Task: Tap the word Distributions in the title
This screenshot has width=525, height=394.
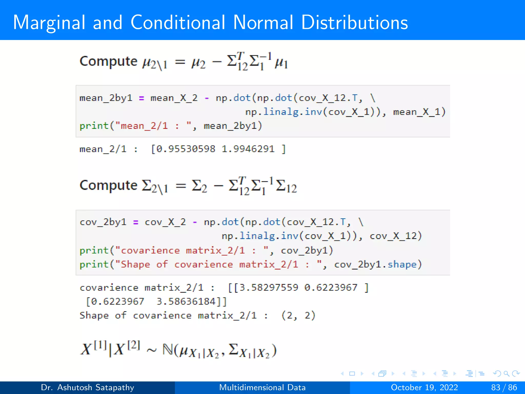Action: (x=354, y=23)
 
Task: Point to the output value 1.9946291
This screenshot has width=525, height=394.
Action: (x=248, y=149)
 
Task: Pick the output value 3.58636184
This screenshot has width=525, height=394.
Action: (x=186, y=301)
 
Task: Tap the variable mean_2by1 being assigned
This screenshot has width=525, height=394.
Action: (x=106, y=98)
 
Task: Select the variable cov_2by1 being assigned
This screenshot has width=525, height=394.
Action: (x=103, y=222)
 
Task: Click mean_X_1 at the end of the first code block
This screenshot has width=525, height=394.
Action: (x=419, y=112)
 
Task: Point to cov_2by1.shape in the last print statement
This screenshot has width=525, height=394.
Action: (x=376, y=264)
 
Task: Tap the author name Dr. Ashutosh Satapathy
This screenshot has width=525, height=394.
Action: (x=87, y=387)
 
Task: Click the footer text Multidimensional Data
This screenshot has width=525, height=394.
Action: (x=262, y=387)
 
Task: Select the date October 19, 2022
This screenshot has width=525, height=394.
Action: (x=424, y=387)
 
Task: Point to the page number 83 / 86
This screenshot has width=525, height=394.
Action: (x=504, y=387)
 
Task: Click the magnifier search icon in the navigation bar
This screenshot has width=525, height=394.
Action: (x=506, y=373)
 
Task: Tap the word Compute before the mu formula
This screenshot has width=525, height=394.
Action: (x=108, y=62)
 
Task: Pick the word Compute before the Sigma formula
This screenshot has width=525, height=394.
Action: (x=108, y=185)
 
